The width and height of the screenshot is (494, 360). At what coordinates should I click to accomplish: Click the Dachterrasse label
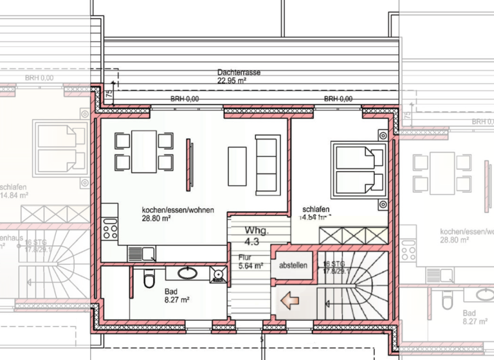(x=239, y=73)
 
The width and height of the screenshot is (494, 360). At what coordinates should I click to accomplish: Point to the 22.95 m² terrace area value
(x=232, y=81)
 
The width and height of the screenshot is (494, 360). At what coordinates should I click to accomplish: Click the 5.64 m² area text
(x=250, y=265)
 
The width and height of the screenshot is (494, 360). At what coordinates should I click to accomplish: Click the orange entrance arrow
(x=288, y=299)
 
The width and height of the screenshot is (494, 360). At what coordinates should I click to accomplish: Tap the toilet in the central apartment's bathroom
(x=150, y=278)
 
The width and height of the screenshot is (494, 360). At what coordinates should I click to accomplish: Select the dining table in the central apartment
(x=144, y=151)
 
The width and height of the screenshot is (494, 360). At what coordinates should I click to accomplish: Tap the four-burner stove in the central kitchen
(x=110, y=229)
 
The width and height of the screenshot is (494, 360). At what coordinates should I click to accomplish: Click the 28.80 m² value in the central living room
(x=156, y=219)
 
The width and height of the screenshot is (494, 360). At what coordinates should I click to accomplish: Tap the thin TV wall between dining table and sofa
(x=190, y=163)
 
